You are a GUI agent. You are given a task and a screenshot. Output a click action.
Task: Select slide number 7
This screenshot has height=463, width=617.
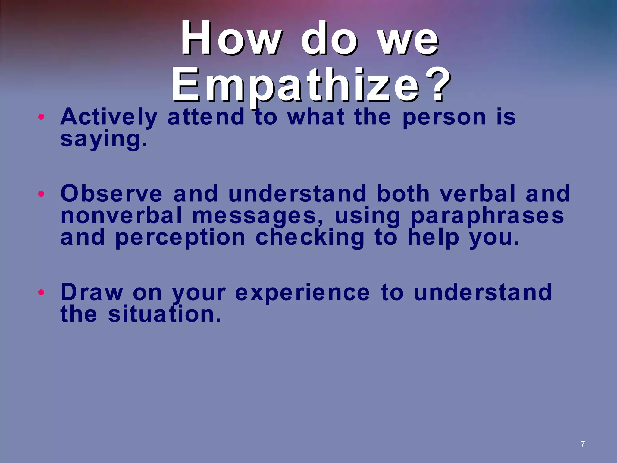coord(583,444)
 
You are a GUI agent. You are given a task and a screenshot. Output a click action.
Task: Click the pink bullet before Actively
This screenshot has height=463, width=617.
coord(42,117)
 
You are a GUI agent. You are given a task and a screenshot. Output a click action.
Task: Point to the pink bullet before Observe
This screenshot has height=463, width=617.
coord(42,194)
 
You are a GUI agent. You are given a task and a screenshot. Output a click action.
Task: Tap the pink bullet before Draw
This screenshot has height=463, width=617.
coord(42,292)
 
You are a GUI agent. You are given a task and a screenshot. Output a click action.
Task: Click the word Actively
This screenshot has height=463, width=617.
coord(109,118)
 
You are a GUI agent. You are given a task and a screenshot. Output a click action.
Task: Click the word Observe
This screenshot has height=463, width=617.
coord(111,194)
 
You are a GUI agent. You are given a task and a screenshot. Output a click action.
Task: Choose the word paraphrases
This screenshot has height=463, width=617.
coord(487,216)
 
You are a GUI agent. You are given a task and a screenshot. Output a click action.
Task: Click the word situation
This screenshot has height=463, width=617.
coord(164,314)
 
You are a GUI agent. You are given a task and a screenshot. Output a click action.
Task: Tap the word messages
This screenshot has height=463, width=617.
coord(258,216)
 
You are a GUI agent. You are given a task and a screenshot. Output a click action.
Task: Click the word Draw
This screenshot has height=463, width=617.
coord(92,292)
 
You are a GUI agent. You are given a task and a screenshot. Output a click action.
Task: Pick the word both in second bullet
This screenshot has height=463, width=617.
coord(403,194)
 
